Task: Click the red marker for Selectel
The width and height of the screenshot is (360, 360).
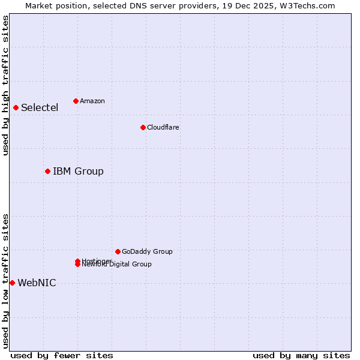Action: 16,107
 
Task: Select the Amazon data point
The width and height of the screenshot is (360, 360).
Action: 76,101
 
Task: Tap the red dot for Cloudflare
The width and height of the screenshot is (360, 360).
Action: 143,127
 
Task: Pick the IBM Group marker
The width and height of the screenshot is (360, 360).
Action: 47,171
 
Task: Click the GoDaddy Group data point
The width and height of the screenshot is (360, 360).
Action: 118,251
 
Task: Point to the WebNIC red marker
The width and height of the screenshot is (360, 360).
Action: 12,283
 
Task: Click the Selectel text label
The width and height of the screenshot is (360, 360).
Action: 40,108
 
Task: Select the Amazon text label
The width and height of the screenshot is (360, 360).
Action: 92,101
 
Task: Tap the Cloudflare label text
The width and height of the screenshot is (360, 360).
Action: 163,127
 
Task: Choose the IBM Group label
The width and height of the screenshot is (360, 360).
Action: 78,172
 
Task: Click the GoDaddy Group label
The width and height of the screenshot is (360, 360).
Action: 147,251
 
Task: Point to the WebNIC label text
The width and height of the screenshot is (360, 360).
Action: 37,283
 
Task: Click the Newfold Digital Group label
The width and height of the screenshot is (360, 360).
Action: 117,265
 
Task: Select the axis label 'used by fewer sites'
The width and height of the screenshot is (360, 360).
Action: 62,356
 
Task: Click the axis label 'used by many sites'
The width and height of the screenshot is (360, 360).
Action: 301,356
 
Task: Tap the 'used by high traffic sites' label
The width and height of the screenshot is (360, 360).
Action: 5,85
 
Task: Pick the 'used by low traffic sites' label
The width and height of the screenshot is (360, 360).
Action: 5,281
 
